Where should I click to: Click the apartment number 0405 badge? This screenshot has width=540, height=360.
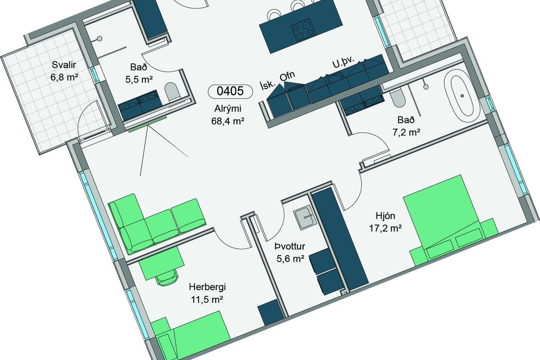[230, 91]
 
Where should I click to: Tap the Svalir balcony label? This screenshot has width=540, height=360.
[64, 65]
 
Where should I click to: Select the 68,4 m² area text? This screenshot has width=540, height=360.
[228, 121]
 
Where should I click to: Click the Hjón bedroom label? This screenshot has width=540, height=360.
[385, 216]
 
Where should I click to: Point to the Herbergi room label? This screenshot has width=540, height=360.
[207, 287]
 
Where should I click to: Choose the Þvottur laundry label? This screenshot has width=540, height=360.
[290, 247]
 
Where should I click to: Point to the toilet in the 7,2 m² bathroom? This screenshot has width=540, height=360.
[398, 100]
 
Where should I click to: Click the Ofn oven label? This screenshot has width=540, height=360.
[287, 77]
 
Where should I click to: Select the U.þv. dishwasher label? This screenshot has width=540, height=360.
[344, 62]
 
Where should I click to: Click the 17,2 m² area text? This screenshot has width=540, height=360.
[385, 228]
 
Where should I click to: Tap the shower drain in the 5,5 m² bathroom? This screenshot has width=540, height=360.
[99, 38]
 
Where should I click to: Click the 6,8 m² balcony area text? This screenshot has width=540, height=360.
[64, 77]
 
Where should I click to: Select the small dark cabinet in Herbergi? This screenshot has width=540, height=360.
[270, 313]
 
